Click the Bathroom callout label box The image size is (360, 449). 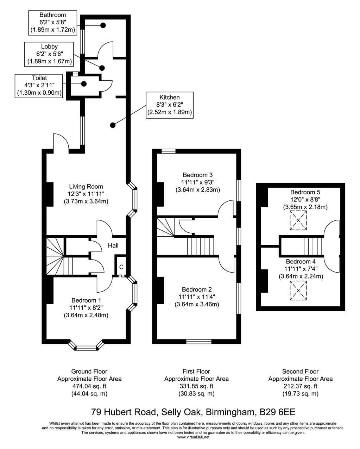coord(52,23)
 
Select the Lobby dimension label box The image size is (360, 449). coord(49,54)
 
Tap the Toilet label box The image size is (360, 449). coord(39,85)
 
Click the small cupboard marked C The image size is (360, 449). coord(121,267)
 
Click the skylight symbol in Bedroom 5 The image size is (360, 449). coord(298,221)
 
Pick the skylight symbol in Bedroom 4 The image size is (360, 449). coord(298,291)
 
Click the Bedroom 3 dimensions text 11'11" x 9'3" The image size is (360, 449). coord(197,182)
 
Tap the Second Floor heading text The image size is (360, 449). coord(300,371)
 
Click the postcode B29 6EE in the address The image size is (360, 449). coord(280,411)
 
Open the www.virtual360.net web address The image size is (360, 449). coord(193,437)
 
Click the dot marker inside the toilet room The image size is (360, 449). coord(84,84)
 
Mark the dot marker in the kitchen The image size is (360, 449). coord(113,125)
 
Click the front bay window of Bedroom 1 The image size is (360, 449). coord(86,348)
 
